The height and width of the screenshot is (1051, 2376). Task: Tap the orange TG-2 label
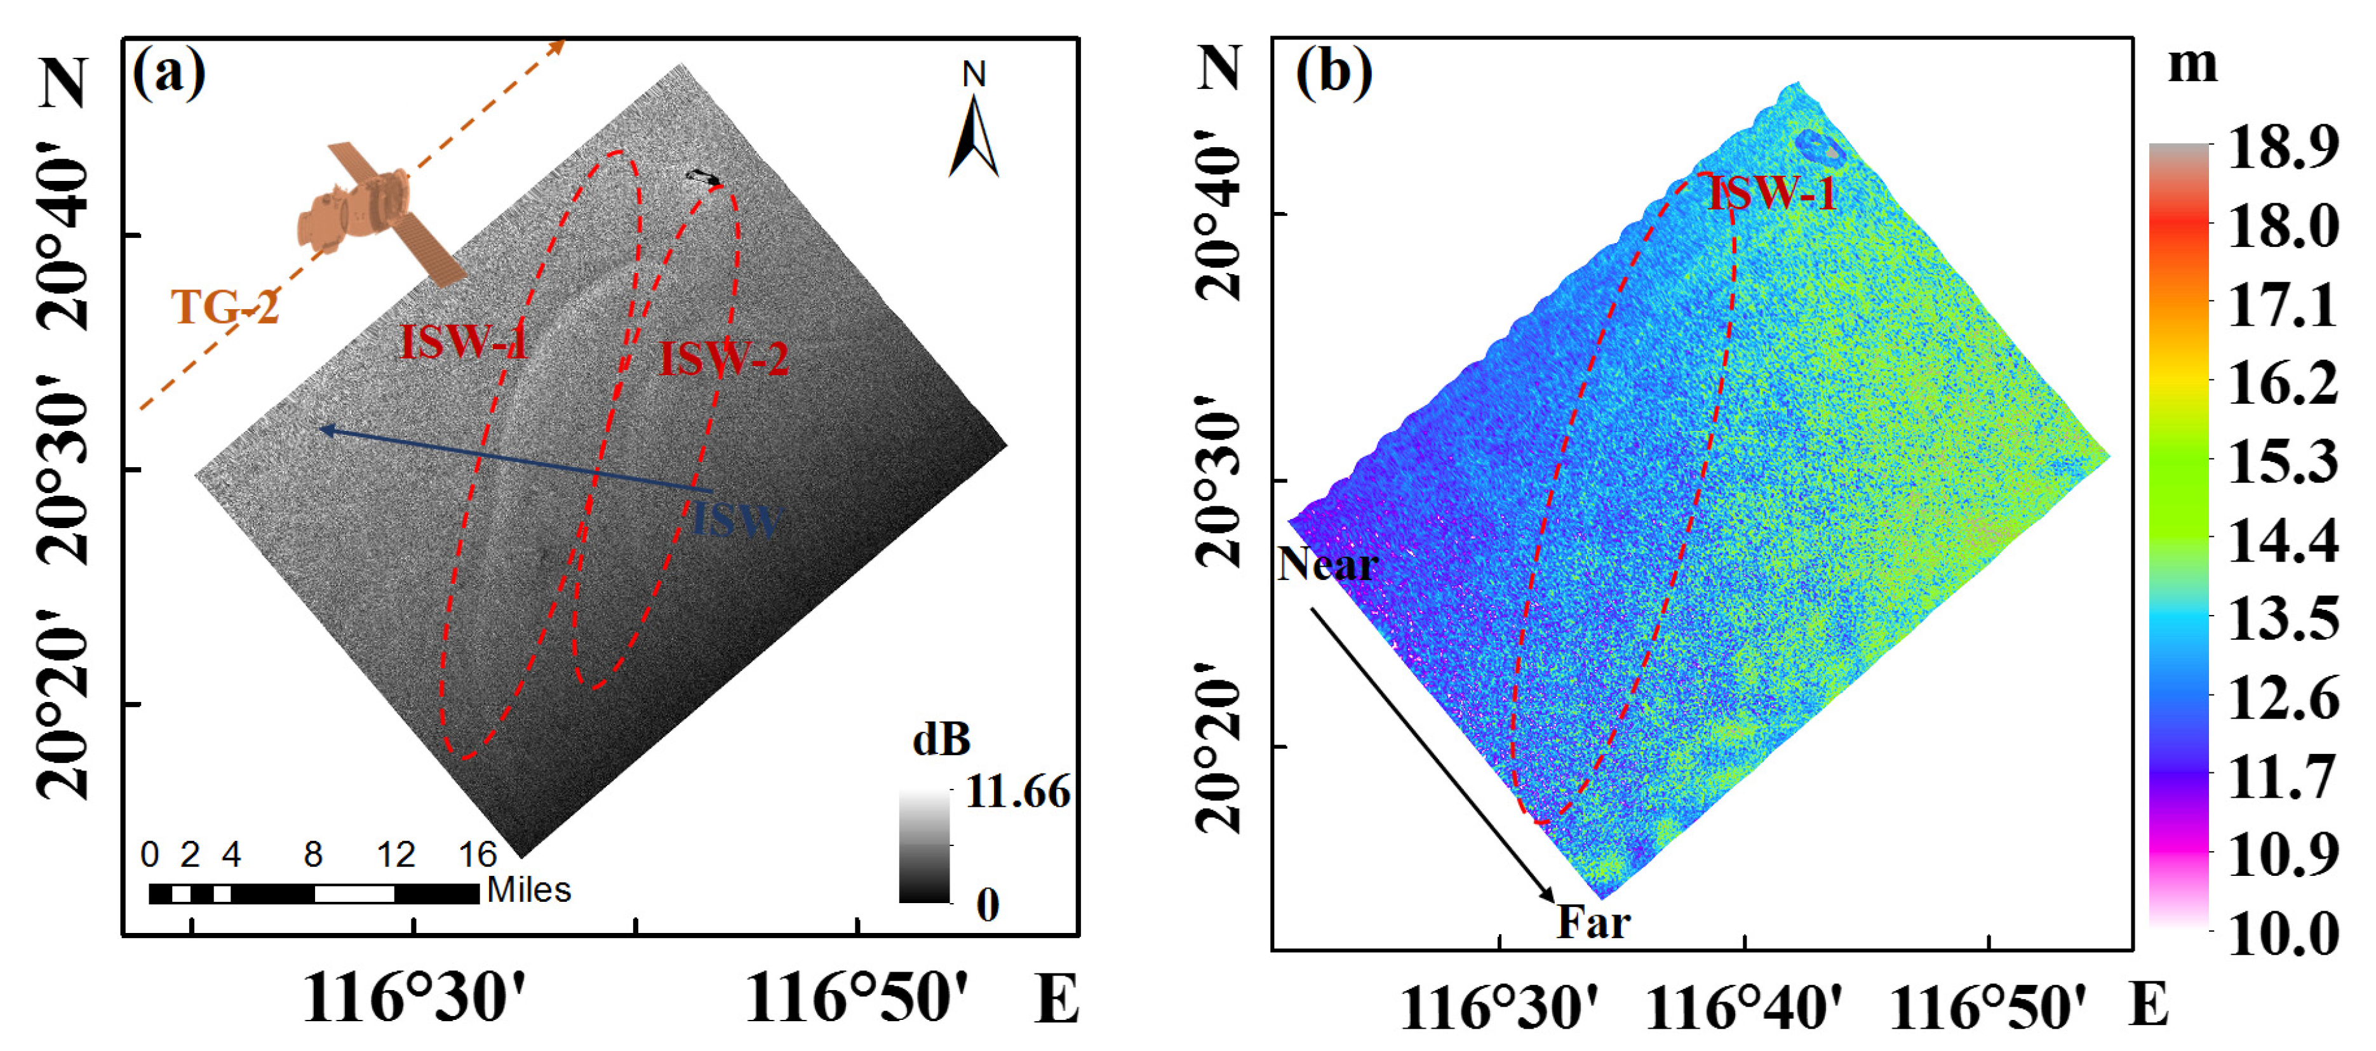click(224, 307)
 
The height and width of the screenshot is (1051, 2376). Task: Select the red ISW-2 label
click(724, 359)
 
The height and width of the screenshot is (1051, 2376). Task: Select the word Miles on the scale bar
click(528, 890)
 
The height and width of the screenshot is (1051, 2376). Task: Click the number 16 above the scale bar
click(478, 855)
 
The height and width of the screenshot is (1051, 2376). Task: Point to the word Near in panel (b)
click(1328, 564)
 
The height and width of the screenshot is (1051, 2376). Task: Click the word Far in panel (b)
click(1593, 922)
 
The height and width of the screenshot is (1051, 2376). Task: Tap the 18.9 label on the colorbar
click(2283, 147)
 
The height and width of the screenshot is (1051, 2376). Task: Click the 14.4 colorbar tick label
click(2283, 541)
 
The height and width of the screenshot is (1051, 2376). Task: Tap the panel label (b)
click(1333, 71)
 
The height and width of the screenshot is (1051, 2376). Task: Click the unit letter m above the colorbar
click(2192, 65)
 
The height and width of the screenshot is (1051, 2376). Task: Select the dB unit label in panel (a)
click(941, 739)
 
